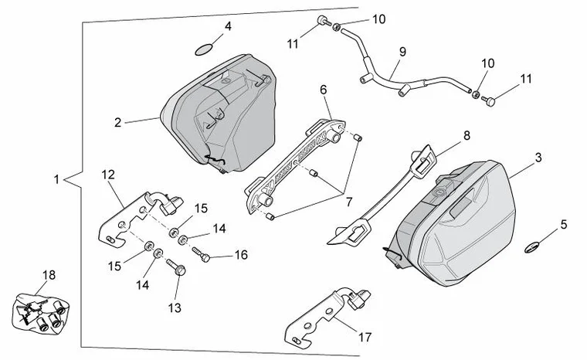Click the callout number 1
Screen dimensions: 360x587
coord(57,180)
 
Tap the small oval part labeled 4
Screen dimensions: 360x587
coord(202,50)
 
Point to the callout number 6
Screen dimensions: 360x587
coord(324,89)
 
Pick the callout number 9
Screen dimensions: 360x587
coord(402,52)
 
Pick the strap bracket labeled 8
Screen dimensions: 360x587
coord(386,193)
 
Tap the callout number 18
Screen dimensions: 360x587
coord(49,274)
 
